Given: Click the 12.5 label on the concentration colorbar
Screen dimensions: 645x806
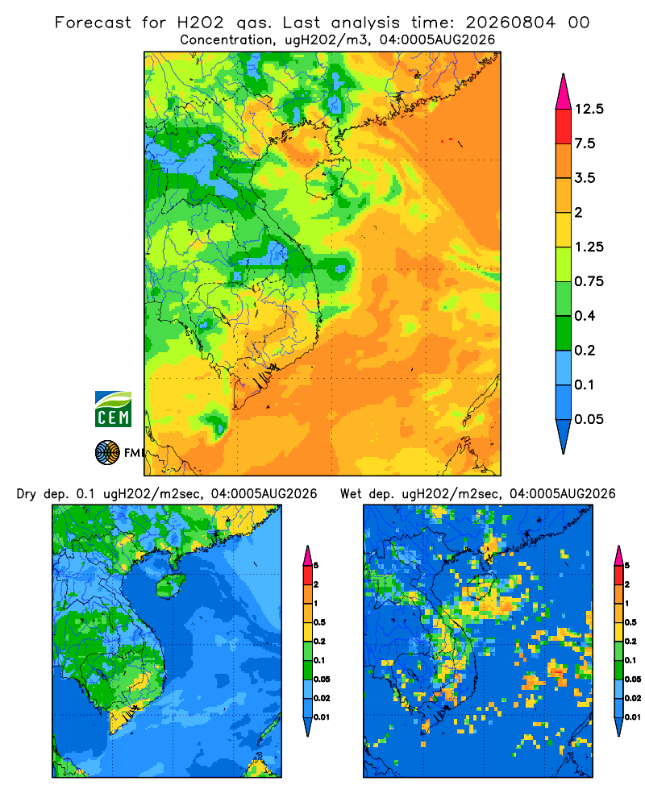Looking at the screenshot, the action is pos(589,109).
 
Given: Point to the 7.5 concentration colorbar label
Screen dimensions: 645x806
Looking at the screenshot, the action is pos(585,143).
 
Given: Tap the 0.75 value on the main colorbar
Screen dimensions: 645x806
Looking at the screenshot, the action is pos(589,281).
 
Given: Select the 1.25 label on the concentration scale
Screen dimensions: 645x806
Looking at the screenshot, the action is pos(589,247).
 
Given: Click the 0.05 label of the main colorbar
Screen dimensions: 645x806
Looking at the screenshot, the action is pos(589,419).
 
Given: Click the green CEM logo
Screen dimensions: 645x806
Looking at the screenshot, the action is pos(113,409).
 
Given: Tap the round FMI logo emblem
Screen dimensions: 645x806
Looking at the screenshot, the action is pos(107,453).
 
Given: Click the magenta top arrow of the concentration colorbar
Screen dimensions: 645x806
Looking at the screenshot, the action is pos(564,92).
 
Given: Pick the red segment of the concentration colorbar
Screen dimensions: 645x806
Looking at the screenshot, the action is pos(564,127).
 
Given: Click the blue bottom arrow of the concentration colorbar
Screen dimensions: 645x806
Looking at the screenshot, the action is pos(564,436).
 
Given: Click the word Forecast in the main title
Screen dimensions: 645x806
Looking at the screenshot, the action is pos(93,23).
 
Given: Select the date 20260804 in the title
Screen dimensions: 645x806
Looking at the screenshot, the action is pos(510,23).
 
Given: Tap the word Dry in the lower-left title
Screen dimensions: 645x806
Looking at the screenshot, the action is pos(27,494).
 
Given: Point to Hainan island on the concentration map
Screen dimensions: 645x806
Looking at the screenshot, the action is pos(328,178).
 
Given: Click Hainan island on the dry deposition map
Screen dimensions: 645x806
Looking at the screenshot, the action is pos(170,586).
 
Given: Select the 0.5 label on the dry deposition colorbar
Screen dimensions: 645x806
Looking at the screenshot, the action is pos(319,622).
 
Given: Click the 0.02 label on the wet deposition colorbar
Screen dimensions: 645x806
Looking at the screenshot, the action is pos(634,698).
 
